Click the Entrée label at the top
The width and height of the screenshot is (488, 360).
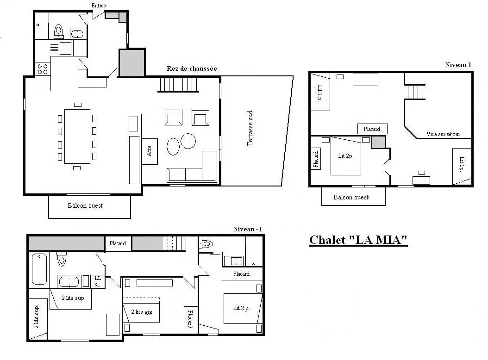(x=99, y=5)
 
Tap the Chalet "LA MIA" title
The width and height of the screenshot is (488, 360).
(x=358, y=240)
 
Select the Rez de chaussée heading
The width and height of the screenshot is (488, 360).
(x=192, y=68)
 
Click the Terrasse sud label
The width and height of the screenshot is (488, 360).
(x=250, y=128)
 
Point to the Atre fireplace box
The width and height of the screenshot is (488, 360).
(x=150, y=151)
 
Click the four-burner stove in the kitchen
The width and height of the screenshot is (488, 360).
(x=43, y=69)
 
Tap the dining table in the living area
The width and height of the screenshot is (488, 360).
(x=77, y=137)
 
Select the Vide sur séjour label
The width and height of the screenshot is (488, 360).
(x=443, y=134)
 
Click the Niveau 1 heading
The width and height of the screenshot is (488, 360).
(x=458, y=65)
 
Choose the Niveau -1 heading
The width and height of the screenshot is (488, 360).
(x=247, y=229)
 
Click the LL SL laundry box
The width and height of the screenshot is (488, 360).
(x=97, y=281)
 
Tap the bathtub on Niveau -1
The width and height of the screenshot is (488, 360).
(x=39, y=269)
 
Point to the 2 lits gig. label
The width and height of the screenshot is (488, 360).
(x=142, y=312)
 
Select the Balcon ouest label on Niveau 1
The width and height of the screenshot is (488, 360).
(x=351, y=197)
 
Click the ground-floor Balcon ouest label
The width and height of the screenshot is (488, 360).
(x=85, y=205)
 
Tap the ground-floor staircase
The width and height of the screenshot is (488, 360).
(x=178, y=84)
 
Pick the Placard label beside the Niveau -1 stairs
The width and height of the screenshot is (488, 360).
(x=118, y=243)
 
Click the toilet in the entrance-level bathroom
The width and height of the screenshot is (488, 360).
(x=58, y=31)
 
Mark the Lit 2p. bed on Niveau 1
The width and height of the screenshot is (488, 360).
(x=346, y=155)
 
